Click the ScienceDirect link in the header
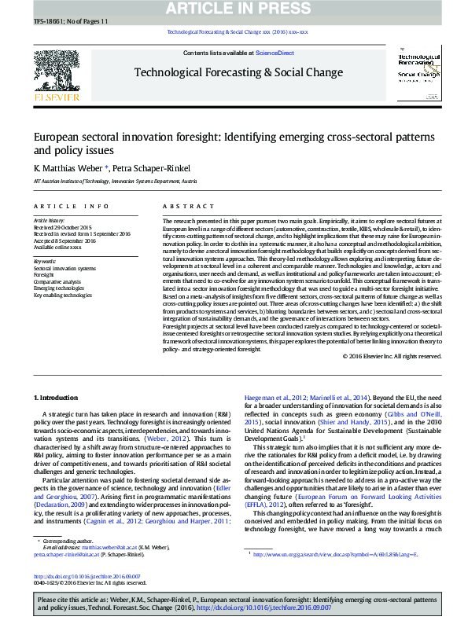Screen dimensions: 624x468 275,53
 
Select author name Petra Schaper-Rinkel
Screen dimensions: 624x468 145,167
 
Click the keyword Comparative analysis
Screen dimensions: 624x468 57,281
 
